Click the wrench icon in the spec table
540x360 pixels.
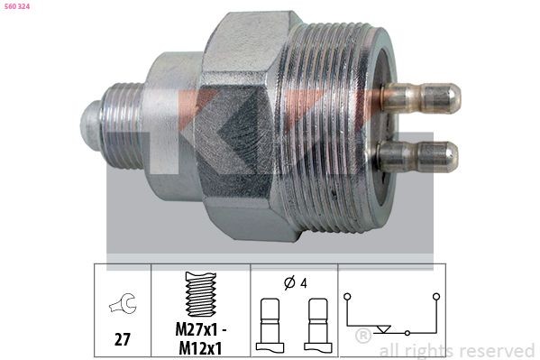coord(121,306)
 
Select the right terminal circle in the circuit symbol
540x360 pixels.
coord(435,295)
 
